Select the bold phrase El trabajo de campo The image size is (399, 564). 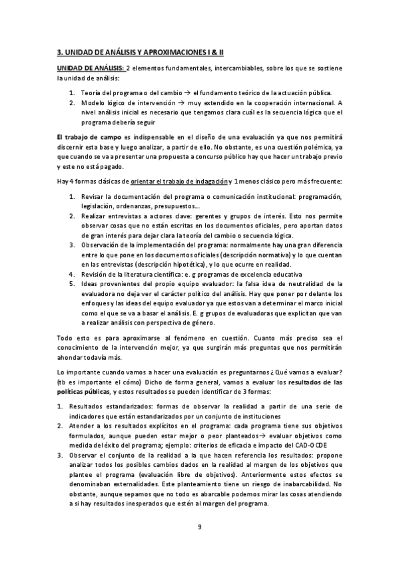pos(87,136)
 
